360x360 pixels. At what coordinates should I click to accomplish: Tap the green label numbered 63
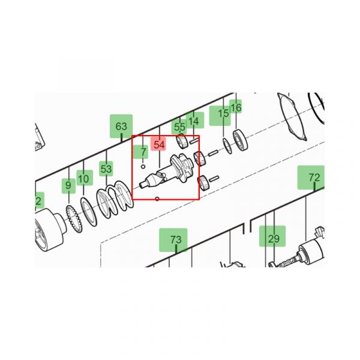(x=121, y=126)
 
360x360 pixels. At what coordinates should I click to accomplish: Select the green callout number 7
(x=142, y=152)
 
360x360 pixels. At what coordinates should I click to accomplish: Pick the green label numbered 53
(x=106, y=169)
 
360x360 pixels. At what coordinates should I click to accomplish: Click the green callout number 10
(x=85, y=178)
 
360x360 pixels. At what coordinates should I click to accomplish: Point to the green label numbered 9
(x=68, y=186)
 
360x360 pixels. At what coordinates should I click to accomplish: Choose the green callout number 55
(x=179, y=127)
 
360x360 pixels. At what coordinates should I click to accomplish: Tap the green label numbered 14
(x=194, y=121)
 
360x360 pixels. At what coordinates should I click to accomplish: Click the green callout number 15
(x=220, y=116)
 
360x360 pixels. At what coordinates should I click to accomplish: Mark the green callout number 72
(x=311, y=177)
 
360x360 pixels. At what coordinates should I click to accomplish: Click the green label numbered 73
(x=173, y=239)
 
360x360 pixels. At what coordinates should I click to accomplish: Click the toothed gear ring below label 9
(x=73, y=218)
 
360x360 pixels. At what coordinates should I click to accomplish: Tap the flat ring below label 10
(x=89, y=211)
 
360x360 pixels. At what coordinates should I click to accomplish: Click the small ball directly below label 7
(x=143, y=166)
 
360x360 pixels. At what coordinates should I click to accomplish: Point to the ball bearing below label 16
(x=241, y=140)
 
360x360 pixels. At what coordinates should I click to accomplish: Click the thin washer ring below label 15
(x=227, y=146)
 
